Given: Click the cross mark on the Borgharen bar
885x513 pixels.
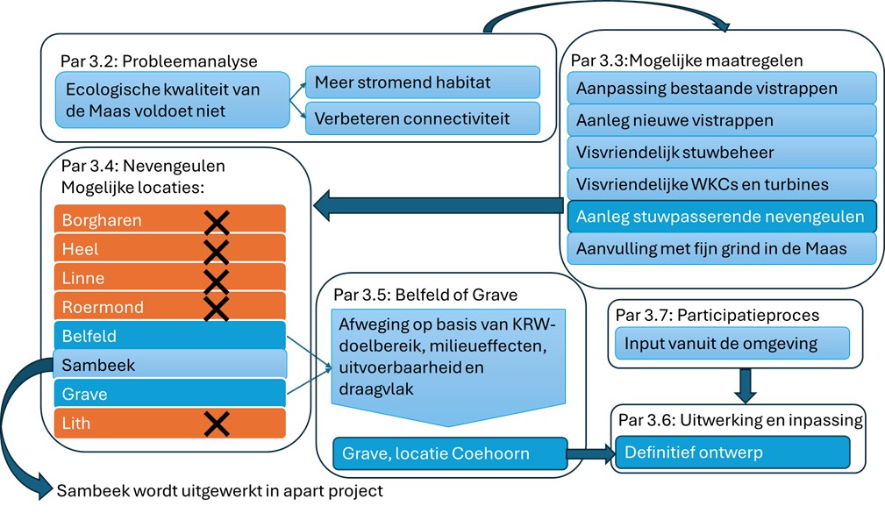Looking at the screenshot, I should coord(216,221).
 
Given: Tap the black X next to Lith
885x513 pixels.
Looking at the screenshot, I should coord(216,424).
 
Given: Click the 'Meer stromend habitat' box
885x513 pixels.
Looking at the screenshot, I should coord(422,83).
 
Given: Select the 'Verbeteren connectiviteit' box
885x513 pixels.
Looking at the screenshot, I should coord(422,118).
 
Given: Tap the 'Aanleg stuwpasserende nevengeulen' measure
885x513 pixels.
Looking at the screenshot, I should coord(722,217).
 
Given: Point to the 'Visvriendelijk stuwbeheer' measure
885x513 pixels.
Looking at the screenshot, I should coord(722,153).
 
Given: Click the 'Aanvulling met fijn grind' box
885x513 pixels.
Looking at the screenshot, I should coord(722,248).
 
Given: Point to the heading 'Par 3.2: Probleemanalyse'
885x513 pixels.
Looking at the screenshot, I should coord(159,61).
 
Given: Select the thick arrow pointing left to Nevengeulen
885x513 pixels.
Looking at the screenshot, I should coord(439,206).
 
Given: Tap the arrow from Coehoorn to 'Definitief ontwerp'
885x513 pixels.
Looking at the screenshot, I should coord(590,454).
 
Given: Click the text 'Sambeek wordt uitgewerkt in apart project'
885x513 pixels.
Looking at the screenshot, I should coord(220,491).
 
